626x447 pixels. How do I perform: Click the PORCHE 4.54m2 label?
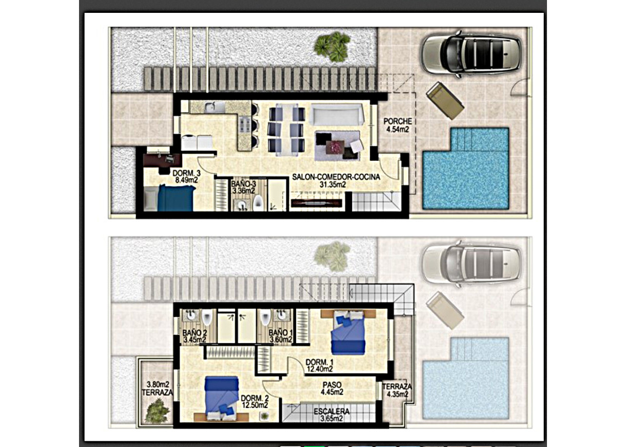[397, 125]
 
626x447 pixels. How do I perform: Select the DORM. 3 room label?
[186, 176]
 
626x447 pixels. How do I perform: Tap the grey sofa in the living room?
[337, 113]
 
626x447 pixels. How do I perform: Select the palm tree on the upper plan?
[331, 46]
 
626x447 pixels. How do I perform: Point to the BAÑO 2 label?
[194, 336]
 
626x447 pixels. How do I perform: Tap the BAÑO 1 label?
[281, 336]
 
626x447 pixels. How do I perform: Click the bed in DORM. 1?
[348, 334]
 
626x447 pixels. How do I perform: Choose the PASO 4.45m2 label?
[332, 388]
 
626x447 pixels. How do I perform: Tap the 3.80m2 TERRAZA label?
[158, 388]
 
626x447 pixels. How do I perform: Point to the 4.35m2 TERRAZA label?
[395, 390]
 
